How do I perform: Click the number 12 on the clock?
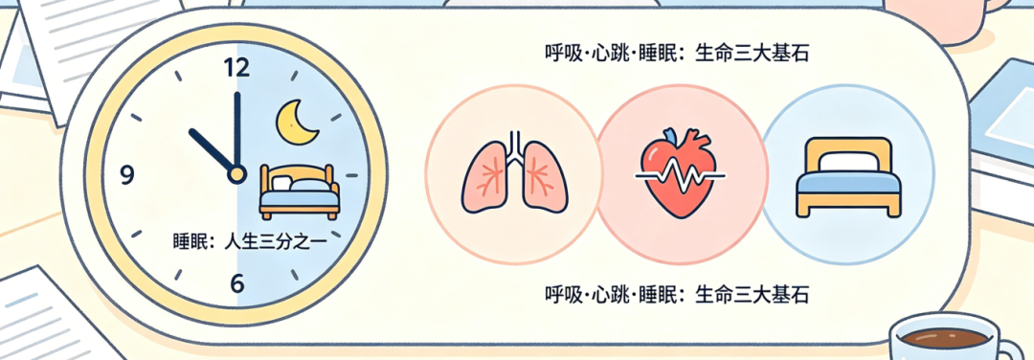[x=236, y=68]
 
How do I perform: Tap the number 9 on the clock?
[x=126, y=174]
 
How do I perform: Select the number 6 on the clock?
[x=236, y=283]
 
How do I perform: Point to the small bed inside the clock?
[x=299, y=191]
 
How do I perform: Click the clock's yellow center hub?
[x=236, y=174]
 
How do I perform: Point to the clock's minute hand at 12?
[x=236, y=129]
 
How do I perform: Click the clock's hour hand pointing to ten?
[x=212, y=150]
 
